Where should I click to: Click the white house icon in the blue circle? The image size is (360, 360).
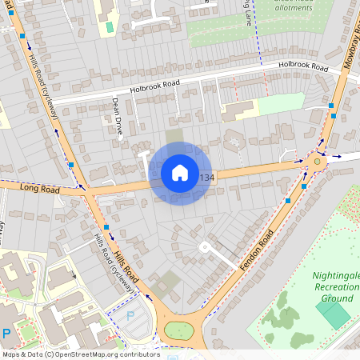(180, 173)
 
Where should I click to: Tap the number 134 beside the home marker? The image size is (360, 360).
(207, 178)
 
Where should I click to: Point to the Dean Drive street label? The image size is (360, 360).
(115, 117)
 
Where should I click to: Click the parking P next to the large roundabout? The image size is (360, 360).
(130, 317)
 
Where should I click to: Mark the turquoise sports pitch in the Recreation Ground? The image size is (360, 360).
(333, 313)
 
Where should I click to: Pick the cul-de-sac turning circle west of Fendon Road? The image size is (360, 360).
(204, 247)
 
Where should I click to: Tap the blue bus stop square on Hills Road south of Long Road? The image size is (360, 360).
(106, 228)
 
